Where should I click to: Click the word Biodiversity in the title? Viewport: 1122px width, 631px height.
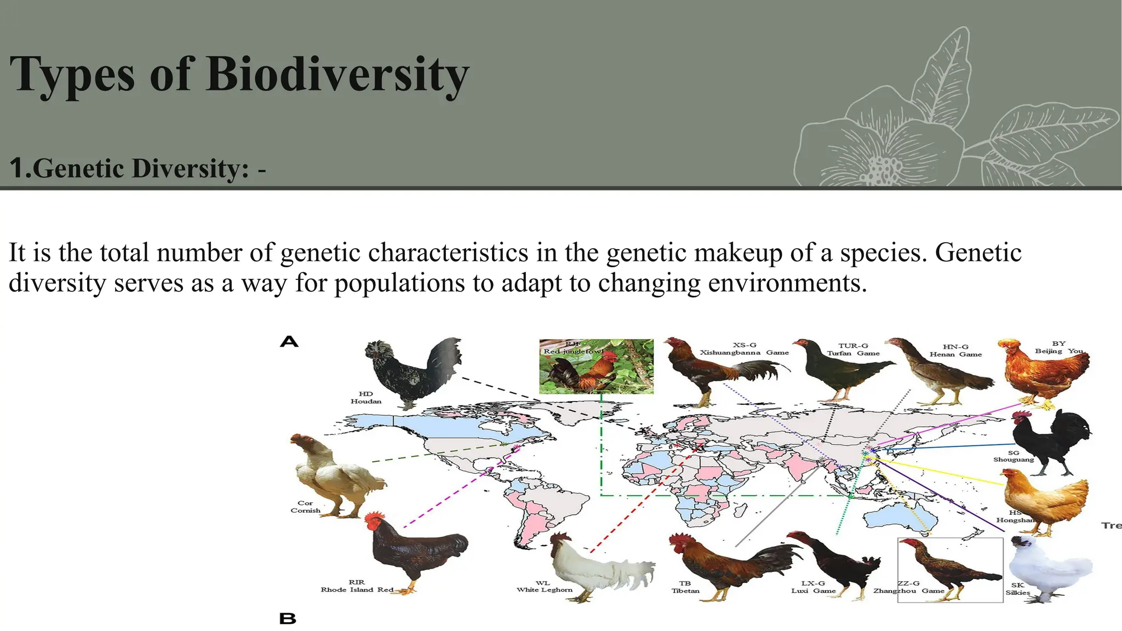coord(337,75)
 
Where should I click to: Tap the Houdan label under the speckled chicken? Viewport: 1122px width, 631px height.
coord(365,398)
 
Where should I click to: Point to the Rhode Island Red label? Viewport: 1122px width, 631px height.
coord(357,586)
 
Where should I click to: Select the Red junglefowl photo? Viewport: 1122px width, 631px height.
coord(596,366)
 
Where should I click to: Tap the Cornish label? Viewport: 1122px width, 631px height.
coord(305,507)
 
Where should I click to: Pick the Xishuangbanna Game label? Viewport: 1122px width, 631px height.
coord(744,349)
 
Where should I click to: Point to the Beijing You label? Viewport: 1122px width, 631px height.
coord(1058,347)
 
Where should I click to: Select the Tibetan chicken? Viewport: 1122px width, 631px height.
coord(723,564)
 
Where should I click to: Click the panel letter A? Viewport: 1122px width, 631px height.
coord(289,342)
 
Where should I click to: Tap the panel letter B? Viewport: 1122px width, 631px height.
coord(288,619)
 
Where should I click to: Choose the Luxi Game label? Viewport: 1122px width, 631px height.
coord(813,587)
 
